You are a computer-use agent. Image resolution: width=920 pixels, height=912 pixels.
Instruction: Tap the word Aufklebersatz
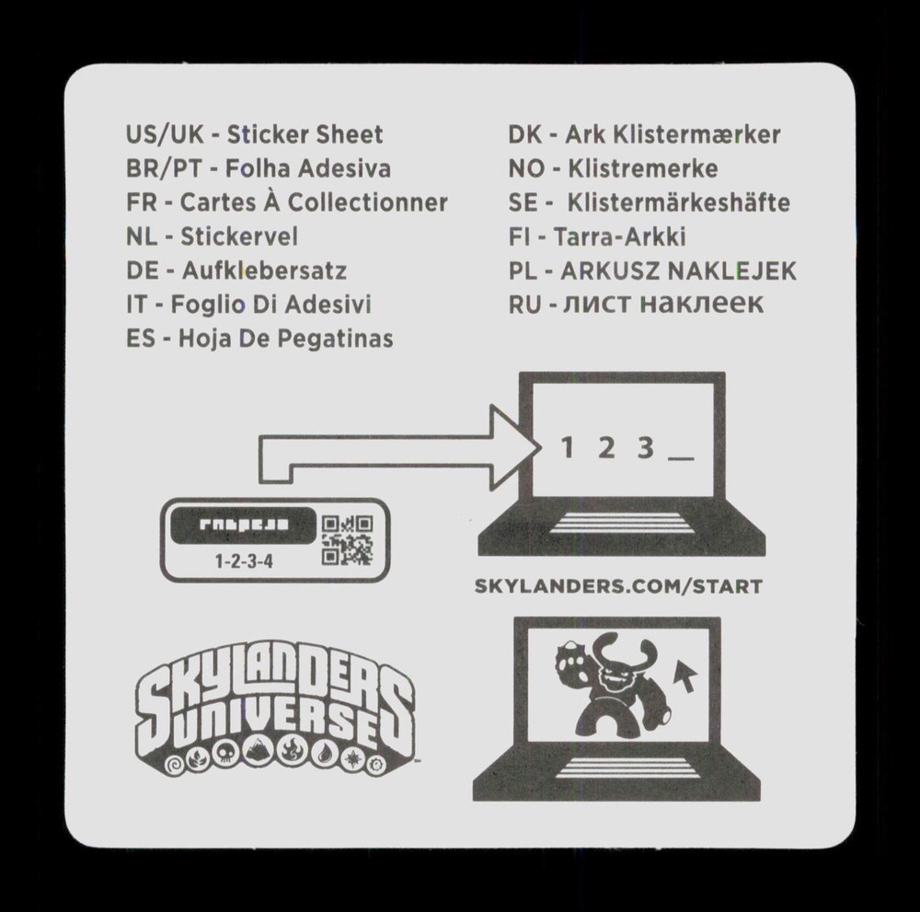pos(264,271)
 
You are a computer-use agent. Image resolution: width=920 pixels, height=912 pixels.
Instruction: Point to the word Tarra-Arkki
pos(619,237)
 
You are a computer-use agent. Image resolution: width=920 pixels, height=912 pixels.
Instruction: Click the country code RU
pos(524,305)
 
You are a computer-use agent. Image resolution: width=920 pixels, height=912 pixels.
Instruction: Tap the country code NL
pos(142,237)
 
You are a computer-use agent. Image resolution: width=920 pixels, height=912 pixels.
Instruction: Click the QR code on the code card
pos(347,540)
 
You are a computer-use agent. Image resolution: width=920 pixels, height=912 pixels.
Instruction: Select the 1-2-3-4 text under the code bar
pos(244,561)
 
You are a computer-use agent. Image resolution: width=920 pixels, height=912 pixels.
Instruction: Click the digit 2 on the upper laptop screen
pos(606,448)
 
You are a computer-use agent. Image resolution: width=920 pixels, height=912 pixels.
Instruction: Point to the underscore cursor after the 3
pos(681,458)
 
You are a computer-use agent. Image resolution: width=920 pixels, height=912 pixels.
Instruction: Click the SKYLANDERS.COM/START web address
pos(618,586)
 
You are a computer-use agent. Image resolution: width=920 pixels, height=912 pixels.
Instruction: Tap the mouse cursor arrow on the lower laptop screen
pos(684,675)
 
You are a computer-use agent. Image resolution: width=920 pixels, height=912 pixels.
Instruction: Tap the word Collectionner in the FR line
pos(367,202)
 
